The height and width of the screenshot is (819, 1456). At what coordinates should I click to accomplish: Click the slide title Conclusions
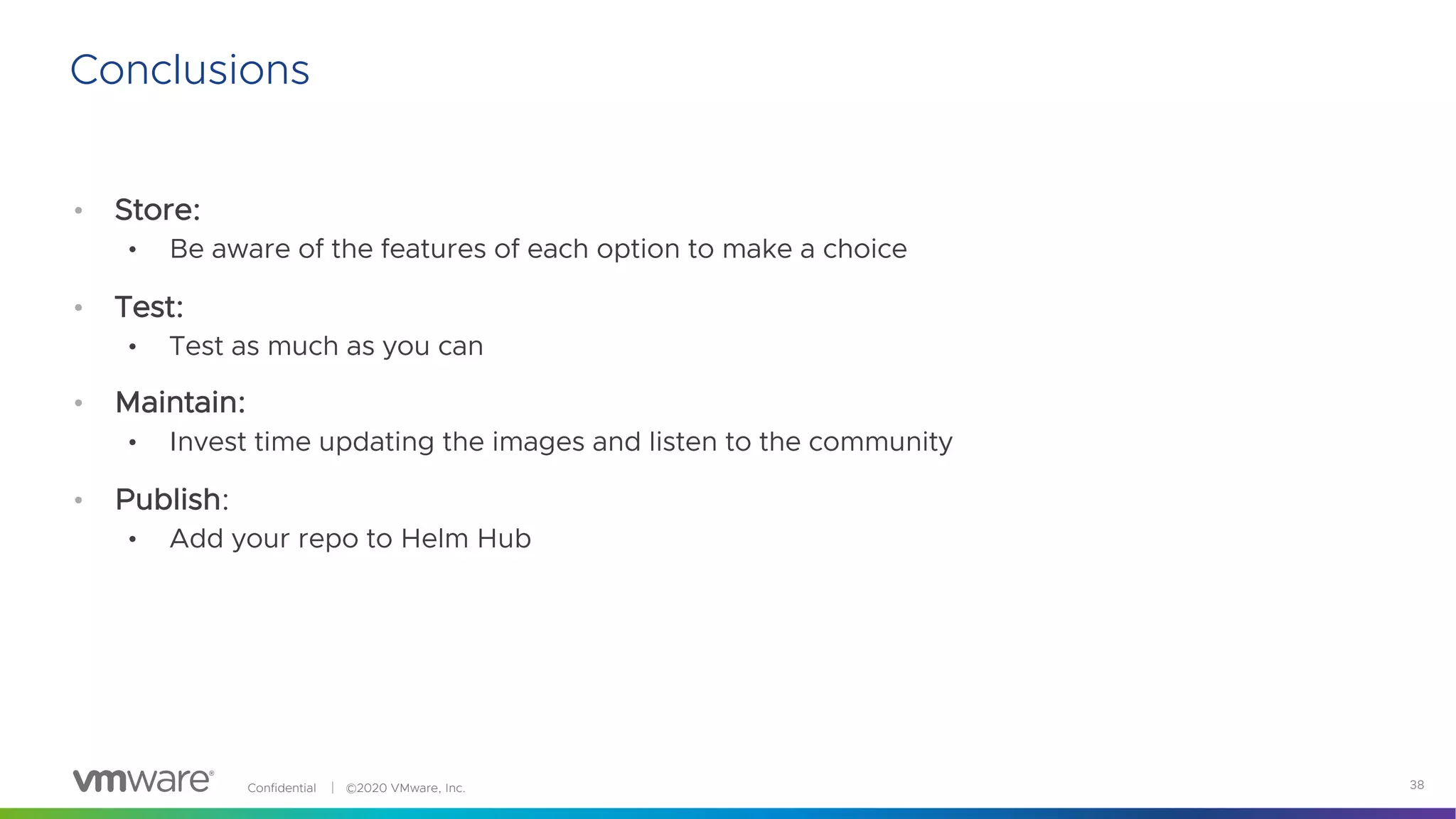point(189,70)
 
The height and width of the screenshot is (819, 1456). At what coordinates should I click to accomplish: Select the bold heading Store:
point(157,210)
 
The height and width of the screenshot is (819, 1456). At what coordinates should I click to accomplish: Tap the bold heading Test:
point(149,307)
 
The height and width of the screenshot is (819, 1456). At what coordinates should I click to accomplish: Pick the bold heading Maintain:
point(180,402)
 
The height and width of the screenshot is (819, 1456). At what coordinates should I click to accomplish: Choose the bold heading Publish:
point(171,499)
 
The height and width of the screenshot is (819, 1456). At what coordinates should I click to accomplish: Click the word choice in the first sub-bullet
point(864,249)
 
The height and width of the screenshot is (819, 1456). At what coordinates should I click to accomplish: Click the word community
point(880,442)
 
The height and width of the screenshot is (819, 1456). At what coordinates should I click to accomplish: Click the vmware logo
point(143,781)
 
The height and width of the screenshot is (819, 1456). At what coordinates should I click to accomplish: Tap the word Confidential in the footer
point(282,788)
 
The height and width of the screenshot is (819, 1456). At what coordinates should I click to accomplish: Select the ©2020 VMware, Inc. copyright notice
point(405,788)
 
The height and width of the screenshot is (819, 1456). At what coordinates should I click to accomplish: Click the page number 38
point(1416,785)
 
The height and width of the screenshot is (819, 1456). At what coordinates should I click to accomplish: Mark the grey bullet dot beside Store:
point(78,210)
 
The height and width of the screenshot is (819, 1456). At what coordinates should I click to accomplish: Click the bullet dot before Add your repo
point(132,540)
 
